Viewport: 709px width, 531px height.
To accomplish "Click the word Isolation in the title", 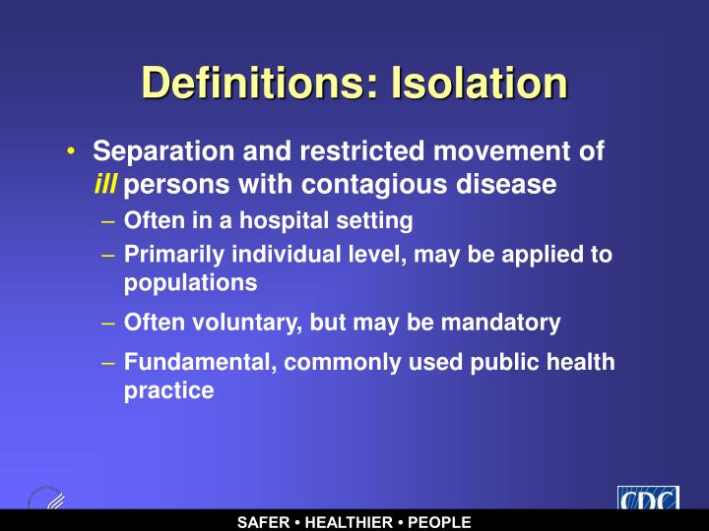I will tap(479, 83).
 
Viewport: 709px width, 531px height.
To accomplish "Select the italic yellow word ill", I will tap(105, 184).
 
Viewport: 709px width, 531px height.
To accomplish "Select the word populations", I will tap(191, 283).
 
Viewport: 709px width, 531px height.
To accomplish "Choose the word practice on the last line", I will tap(168, 390).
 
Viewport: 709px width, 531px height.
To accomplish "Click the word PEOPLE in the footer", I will tap(440, 522).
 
